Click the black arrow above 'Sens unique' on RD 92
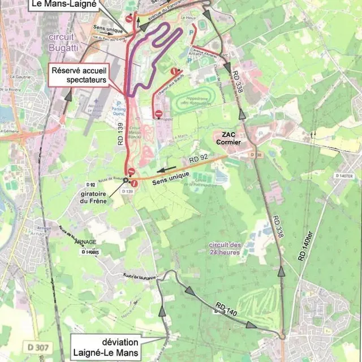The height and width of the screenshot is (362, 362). click(x=166, y=169)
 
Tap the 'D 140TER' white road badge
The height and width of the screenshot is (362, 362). click(x=344, y=176)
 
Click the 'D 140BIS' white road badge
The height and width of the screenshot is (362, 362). click(x=91, y=252)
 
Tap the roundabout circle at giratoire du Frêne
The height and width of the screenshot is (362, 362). click(x=126, y=180)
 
